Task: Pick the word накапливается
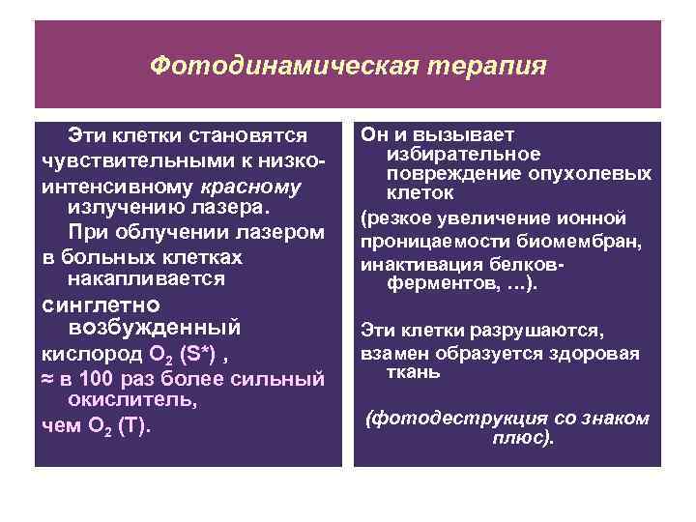(146, 278)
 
